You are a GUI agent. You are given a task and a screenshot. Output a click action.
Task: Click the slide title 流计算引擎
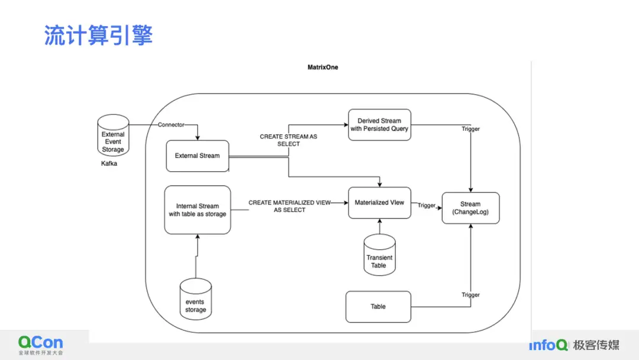click(x=98, y=36)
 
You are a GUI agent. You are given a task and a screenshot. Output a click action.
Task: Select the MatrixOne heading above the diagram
click(x=322, y=67)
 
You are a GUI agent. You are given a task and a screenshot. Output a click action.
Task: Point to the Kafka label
click(x=109, y=163)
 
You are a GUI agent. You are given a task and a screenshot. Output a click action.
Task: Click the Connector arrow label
click(x=171, y=125)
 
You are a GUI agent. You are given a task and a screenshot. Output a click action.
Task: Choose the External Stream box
click(x=197, y=156)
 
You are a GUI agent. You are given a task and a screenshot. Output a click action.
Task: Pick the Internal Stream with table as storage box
click(x=197, y=210)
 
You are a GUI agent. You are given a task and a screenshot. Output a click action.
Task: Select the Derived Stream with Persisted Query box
click(x=379, y=125)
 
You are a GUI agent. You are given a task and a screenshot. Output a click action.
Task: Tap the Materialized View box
click(x=379, y=203)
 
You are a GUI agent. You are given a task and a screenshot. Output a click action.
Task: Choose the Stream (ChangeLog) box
click(x=470, y=208)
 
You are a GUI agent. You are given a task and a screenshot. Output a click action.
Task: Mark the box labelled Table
click(x=378, y=307)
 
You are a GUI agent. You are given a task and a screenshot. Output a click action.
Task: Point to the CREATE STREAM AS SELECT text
click(x=288, y=140)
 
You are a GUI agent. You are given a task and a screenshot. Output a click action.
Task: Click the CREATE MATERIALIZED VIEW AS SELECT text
click(x=289, y=206)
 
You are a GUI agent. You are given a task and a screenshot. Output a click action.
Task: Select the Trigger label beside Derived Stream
click(x=470, y=129)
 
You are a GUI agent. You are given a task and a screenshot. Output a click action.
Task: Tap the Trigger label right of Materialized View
click(x=427, y=206)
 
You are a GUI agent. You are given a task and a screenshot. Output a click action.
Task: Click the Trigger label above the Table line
click(x=470, y=295)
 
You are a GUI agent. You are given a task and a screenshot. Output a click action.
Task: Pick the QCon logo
click(x=40, y=344)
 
